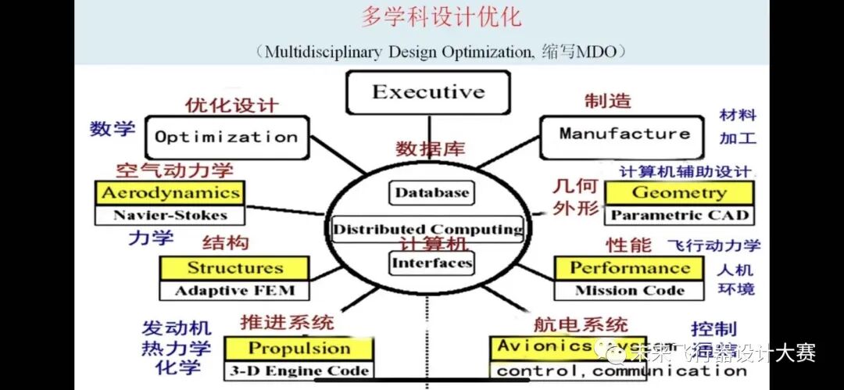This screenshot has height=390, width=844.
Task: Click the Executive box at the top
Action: pyautogui.click(x=427, y=92)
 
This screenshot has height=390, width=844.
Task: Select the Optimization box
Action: pyautogui.click(x=226, y=138)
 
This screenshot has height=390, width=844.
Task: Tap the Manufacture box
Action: pyautogui.click(x=624, y=134)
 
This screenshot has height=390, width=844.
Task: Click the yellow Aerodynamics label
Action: pyautogui.click(x=170, y=193)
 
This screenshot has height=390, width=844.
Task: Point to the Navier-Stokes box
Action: pyautogui.click(x=170, y=215)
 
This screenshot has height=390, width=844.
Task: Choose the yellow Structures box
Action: pyautogui.click(x=234, y=268)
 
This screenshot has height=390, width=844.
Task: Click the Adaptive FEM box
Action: pyautogui.click(x=234, y=291)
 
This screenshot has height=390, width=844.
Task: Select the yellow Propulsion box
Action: pyautogui.click(x=299, y=349)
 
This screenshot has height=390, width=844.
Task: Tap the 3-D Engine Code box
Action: pyautogui.click(x=299, y=370)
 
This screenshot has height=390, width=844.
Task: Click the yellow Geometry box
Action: pyautogui.click(x=679, y=192)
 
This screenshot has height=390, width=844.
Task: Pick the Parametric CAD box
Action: pyautogui.click(x=679, y=215)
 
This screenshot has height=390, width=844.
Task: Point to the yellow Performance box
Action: pyautogui.click(x=629, y=268)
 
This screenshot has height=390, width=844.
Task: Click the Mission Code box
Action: pyautogui.click(x=629, y=291)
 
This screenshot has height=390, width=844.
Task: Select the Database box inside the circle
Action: pyautogui.click(x=431, y=192)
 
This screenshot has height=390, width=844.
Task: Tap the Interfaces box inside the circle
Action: pyautogui.click(x=431, y=263)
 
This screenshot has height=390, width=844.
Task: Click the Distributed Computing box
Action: pyautogui.click(x=427, y=229)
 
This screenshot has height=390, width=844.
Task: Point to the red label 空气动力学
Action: pyautogui.click(x=174, y=170)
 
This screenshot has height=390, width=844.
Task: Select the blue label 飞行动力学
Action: pyautogui.click(x=713, y=245)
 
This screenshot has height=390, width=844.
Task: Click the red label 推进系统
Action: pyautogui.click(x=287, y=321)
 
